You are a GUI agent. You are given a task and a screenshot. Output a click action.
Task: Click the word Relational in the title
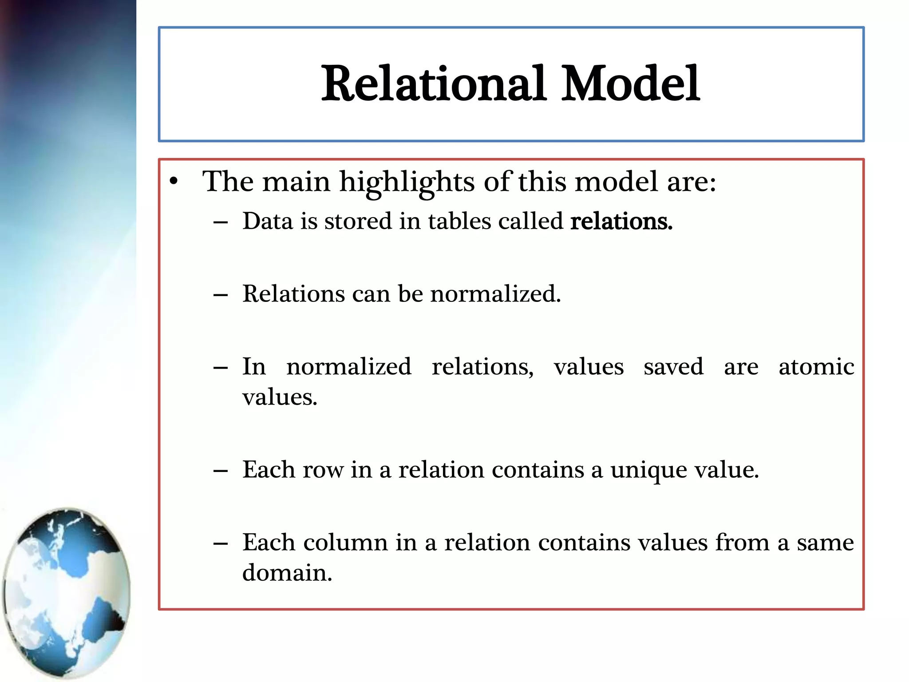[433, 83]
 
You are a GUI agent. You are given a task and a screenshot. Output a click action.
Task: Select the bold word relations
[621, 221]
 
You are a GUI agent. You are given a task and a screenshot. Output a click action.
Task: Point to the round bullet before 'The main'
[174, 182]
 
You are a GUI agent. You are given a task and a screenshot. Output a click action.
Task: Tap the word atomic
[816, 367]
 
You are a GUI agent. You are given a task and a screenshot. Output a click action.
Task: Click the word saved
[673, 367]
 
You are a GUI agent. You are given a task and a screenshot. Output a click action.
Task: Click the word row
[323, 470]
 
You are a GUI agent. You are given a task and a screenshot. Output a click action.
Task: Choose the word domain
[287, 573]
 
